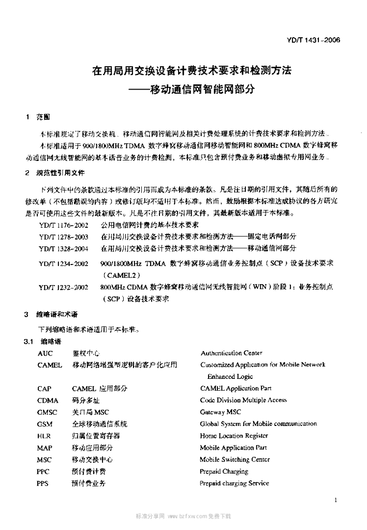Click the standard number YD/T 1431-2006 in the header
click(x=318, y=39)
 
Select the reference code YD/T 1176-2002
click(x=63, y=225)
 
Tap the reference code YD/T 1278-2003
click(x=63, y=237)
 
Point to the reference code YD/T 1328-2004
click(x=63, y=248)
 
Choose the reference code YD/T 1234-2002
click(x=63, y=263)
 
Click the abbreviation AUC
click(x=45, y=353)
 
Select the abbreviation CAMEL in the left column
click(x=50, y=365)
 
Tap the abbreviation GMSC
click(x=47, y=412)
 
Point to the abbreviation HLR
click(x=44, y=436)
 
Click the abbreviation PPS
click(x=43, y=483)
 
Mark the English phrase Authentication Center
click(x=231, y=353)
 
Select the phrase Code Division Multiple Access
click(x=243, y=400)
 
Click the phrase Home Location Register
click(x=233, y=436)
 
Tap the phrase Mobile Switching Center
click(x=234, y=460)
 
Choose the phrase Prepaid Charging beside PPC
click(x=224, y=472)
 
